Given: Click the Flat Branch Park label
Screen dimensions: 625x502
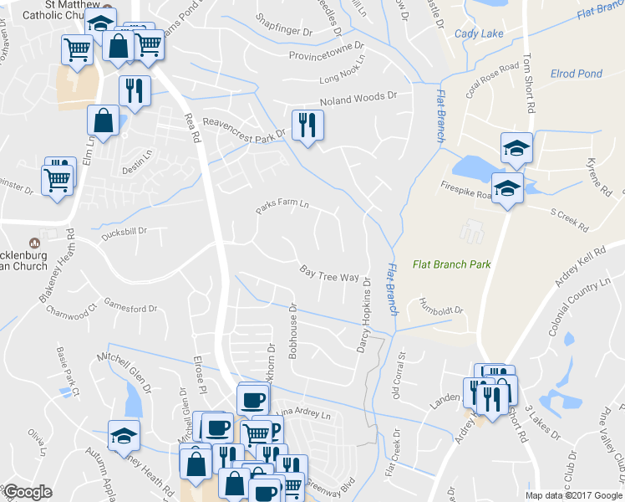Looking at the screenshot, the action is (451, 264).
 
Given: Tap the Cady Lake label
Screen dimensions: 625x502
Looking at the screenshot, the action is (474, 34).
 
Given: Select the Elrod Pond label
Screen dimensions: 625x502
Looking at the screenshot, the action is (576, 74).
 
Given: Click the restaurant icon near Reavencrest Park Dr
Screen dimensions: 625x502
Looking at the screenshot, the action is (307, 125).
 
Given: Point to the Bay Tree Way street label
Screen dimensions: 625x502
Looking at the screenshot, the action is (329, 273).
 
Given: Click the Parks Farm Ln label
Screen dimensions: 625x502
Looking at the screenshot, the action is (282, 205).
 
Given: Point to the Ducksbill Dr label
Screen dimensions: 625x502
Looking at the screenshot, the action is (124, 230).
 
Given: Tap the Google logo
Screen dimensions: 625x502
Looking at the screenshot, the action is (28, 492).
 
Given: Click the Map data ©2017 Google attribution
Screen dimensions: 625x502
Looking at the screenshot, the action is (573, 495).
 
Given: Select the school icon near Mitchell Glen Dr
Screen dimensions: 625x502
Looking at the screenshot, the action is (124, 434).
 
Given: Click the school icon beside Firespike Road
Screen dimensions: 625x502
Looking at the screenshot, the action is (506, 188).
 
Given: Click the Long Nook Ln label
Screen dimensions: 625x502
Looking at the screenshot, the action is (343, 80).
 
